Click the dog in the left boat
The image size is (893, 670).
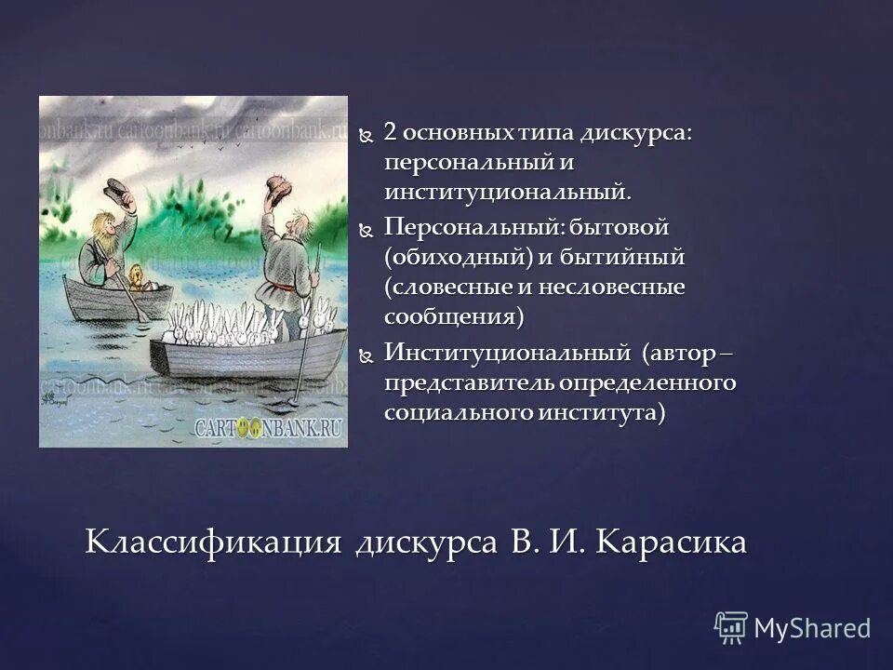click(137, 276)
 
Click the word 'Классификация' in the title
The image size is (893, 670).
click(213, 541)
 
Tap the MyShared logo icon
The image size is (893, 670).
click(732, 627)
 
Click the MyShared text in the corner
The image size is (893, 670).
click(812, 628)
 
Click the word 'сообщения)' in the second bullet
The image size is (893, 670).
click(455, 316)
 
